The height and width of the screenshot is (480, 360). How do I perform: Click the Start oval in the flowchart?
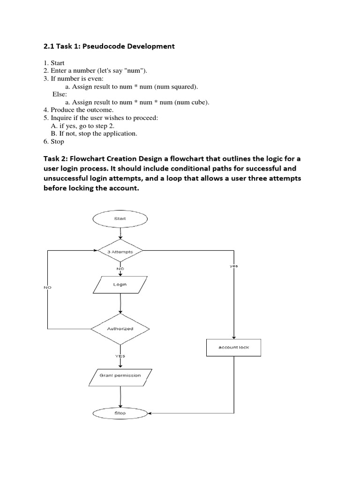120,218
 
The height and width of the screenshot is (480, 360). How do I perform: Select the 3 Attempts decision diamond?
120,252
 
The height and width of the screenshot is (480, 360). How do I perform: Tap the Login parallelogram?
120,285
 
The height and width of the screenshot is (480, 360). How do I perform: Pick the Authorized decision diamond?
120,329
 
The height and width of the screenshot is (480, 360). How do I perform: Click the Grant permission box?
120,375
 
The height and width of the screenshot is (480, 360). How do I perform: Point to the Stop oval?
120,413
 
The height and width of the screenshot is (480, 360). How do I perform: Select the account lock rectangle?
234,347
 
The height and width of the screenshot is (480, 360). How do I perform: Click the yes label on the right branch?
233,266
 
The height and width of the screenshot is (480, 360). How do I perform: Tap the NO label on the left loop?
47,287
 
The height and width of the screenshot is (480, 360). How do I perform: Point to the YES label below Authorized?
120,356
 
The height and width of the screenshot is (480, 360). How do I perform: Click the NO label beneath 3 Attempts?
120,269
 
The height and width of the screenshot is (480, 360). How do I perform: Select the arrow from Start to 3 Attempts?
120,233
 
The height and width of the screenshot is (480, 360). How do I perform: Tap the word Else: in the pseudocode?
60,94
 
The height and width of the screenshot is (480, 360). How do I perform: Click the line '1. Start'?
54,63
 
